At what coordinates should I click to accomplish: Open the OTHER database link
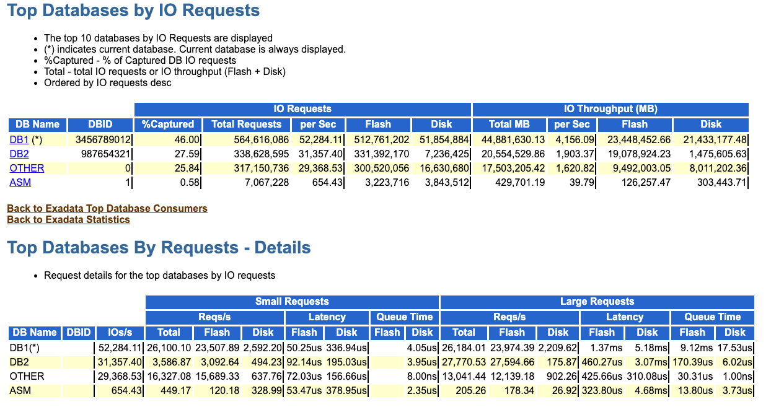point(27,168)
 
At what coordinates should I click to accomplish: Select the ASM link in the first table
point(20,182)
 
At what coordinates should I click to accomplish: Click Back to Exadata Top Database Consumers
point(107,208)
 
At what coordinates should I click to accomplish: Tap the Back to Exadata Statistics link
point(68,219)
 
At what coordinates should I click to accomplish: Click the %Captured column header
point(168,124)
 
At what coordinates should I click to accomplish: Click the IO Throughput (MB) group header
point(610,109)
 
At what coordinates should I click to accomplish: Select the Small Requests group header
point(292,302)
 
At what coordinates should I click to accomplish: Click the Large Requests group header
point(597,302)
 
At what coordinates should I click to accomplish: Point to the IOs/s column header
point(120,333)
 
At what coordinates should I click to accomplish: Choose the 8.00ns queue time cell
point(423,376)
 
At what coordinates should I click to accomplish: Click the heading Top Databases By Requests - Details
point(159,248)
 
